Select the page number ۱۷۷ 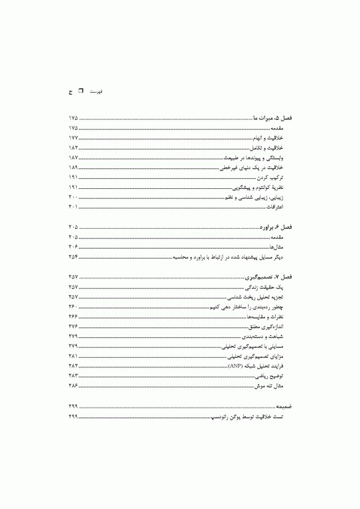click(73, 138)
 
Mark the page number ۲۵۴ click(73, 256)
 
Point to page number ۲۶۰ click(73, 307)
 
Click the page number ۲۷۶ click(73, 327)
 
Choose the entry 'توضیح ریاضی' click(278, 376)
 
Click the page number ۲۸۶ click(73, 386)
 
